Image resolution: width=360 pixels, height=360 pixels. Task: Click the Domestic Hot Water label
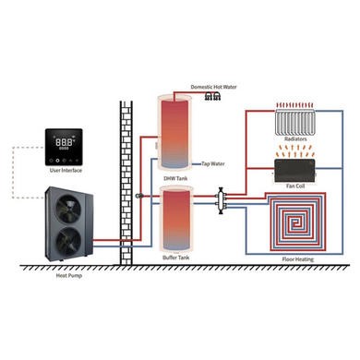(x=214, y=86)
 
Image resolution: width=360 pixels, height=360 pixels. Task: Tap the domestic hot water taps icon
(x=214, y=95)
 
